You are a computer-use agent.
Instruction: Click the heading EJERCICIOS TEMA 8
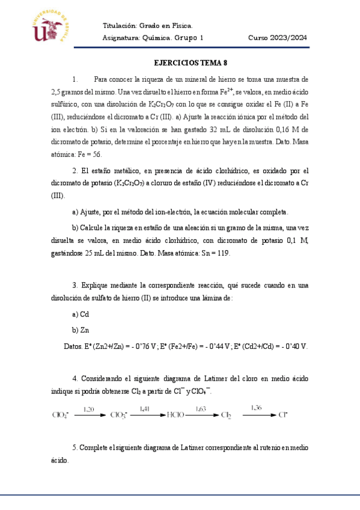pos(191,63)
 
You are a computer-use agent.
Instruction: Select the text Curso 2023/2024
pos(278,38)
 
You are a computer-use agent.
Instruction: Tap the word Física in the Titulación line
pos(182,26)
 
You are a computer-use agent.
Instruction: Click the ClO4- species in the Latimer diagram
pos(61,414)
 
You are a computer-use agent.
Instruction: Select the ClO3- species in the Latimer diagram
pos(119,414)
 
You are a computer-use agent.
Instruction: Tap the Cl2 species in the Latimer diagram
pos(226,414)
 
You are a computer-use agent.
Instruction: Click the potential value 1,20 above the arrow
pos(89,409)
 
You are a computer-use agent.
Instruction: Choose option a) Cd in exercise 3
pos(81,314)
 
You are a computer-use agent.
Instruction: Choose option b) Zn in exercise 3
pos(81,330)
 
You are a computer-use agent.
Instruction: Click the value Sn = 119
pos(212,253)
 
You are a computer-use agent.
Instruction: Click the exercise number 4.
pos(75,378)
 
